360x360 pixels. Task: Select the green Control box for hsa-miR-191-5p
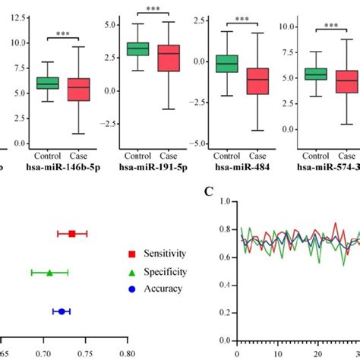[x=137, y=49]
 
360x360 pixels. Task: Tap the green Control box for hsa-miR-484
[x=226, y=63]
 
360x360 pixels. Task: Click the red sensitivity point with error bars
[x=72, y=234]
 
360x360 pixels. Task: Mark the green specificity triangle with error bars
[x=49, y=272]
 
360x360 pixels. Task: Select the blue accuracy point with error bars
[x=62, y=311]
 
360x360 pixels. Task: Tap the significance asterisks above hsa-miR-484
[x=242, y=21]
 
